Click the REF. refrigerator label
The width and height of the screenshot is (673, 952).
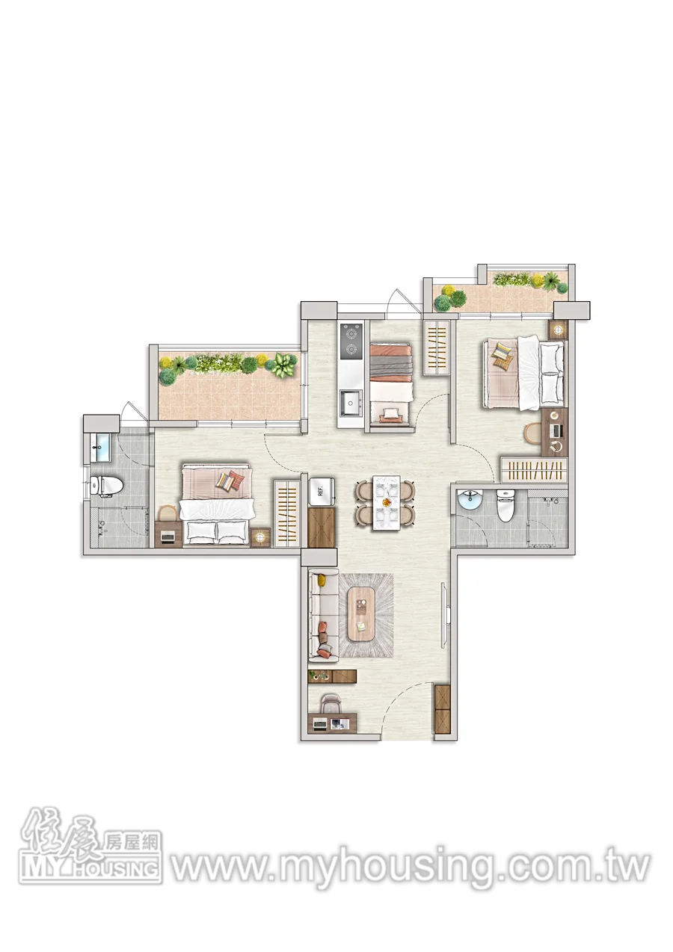click(321, 492)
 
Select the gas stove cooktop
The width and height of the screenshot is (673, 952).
click(351, 341)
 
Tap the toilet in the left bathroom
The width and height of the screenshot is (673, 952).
click(106, 486)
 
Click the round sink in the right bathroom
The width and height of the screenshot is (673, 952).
click(469, 499)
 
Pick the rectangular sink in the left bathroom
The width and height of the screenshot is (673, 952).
click(100, 448)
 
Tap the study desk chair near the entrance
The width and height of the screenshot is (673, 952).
click(331, 705)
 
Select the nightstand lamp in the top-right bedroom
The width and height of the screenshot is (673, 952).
click(558, 330)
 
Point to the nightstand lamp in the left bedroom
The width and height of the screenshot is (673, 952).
click(260, 537)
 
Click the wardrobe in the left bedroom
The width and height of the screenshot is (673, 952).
click(286, 513)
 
